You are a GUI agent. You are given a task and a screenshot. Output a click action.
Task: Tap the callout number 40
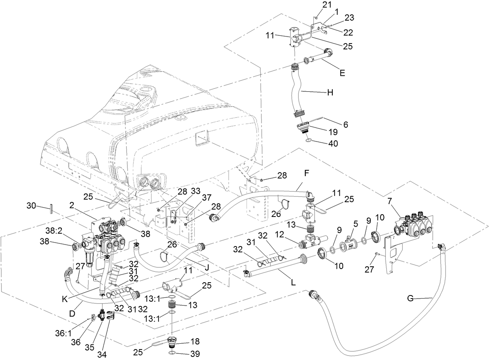point(333,143)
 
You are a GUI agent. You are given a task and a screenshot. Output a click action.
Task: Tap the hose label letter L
point(293,283)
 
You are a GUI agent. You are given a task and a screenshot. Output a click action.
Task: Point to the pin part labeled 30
point(51,209)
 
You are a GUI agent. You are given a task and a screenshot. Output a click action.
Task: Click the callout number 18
point(195,341)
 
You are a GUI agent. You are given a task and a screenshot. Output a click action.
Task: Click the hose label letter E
point(342,73)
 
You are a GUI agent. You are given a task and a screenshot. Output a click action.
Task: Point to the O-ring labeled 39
point(172,353)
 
